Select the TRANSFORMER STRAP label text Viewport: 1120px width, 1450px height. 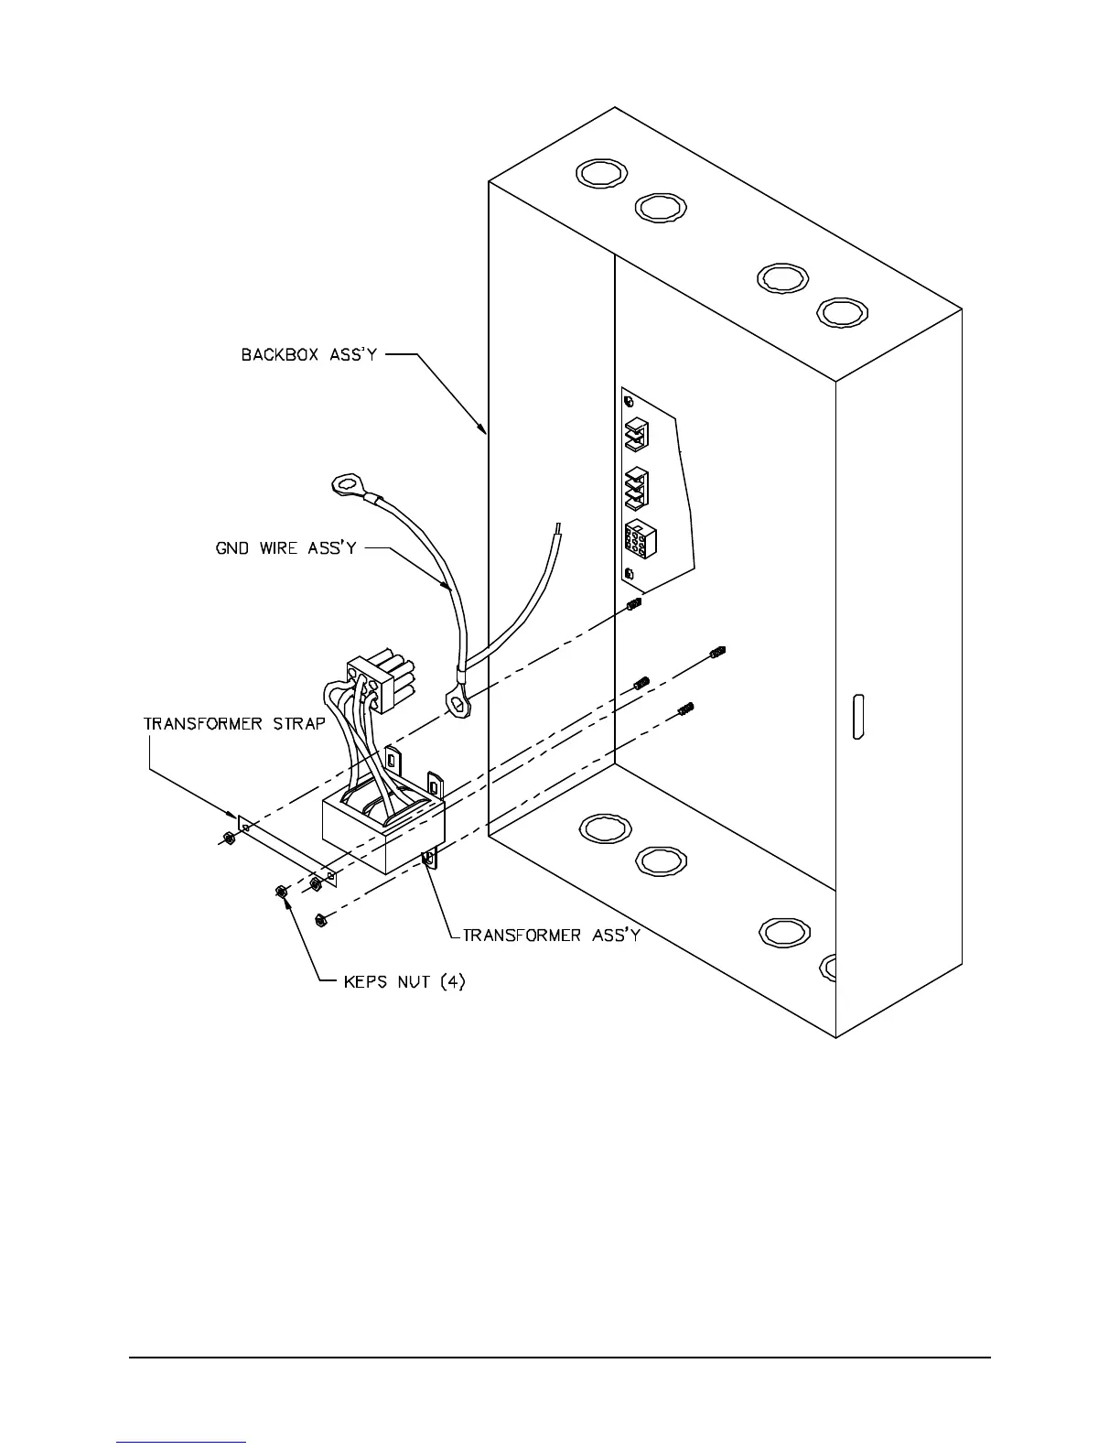coord(234,723)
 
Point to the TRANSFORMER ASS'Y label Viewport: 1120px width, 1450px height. coord(551,935)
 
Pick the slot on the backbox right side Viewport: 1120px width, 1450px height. coord(858,718)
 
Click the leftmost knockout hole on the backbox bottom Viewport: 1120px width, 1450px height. coord(605,828)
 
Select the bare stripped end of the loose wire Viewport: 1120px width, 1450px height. coord(556,533)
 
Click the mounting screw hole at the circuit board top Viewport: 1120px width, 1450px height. coord(627,402)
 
